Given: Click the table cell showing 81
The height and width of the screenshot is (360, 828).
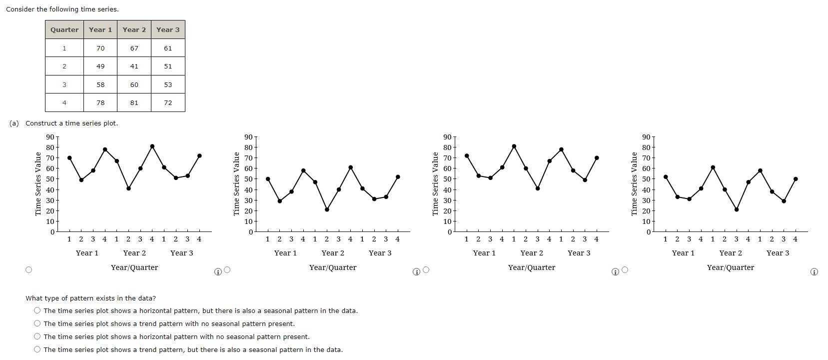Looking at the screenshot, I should [x=134, y=102].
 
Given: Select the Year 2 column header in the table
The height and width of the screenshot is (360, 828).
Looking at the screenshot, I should [x=134, y=29].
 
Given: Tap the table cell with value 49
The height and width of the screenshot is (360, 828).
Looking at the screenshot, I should [x=100, y=66].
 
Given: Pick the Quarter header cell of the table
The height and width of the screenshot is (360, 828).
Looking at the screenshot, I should [x=64, y=29].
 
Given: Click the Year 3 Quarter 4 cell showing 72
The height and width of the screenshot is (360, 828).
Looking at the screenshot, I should [x=168, y=102].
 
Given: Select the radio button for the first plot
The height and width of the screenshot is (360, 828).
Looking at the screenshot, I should [x=29, y=270].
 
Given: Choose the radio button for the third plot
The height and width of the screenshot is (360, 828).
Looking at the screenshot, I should [x=426, y=270].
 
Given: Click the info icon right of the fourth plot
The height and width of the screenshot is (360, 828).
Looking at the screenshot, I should [x=814, y=272].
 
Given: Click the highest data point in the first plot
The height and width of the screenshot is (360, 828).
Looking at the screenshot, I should [x=152, y=146].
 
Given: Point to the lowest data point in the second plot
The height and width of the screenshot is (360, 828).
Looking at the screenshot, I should [x=327, y=209].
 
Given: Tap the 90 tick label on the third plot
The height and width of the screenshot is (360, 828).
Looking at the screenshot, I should [x=447, y=137].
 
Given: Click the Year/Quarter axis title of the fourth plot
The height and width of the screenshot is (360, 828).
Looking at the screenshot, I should [x=730, y=267].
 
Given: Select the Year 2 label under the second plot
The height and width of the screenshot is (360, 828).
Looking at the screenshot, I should [x=333, y=253].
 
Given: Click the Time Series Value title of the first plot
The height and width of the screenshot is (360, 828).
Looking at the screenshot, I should [x=38, y=184].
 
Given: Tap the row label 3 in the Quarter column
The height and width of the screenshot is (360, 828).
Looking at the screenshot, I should [x=64, y=84].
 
